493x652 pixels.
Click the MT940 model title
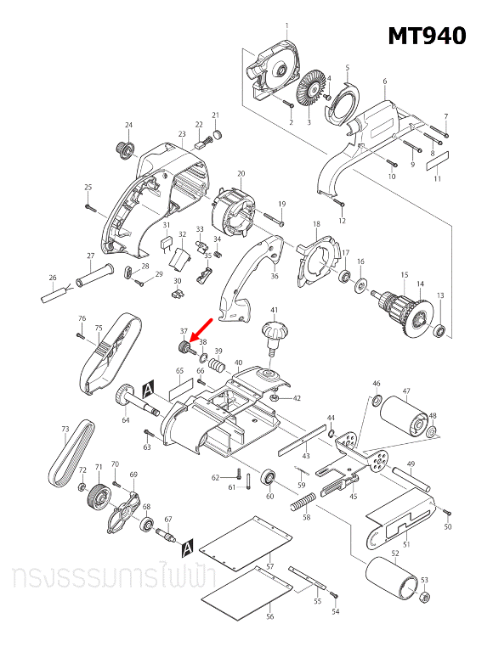point(427,36)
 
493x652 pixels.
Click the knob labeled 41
point(274,332)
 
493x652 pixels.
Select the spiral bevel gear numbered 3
point(310,92)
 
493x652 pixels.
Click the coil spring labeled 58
point(301,504)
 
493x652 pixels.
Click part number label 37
point(182,331)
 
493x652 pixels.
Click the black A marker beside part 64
point(148,388)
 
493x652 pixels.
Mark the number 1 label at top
point(286,25)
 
